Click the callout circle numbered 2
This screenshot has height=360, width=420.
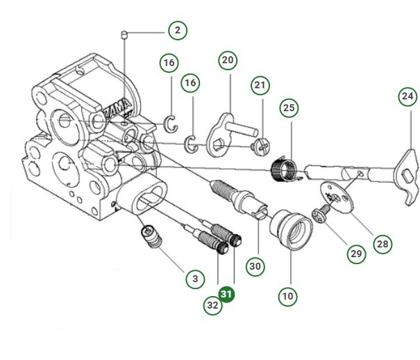177,31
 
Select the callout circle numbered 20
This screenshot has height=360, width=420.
228,60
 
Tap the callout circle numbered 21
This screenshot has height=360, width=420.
260,85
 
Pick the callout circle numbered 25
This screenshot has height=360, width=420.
289,109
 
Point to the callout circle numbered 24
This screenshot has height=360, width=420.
408,96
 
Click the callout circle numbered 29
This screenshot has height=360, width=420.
356,254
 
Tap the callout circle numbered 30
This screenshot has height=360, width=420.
255,265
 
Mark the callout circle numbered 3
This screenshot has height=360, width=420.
195,279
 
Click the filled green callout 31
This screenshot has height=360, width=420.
227,295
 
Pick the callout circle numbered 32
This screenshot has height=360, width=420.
212,304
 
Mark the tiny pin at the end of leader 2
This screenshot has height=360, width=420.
124,34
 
